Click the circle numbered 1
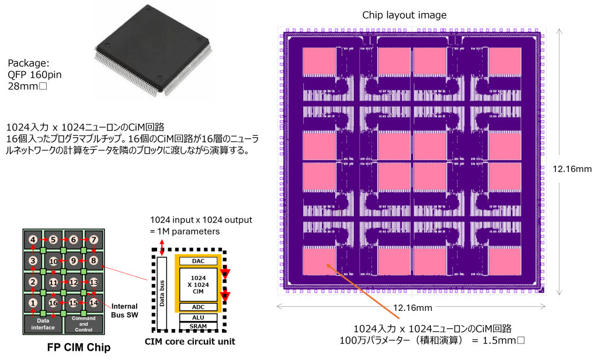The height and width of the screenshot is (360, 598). (33, 303)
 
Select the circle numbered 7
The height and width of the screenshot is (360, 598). (93, 240)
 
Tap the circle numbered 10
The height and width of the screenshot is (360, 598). (53, 261)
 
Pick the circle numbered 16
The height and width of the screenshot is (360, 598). (53, 303)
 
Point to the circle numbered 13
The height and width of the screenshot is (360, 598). (93, 282)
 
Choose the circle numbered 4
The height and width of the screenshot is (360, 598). (33, 240)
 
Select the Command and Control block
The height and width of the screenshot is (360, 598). (84, 323)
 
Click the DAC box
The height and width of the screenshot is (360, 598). (198, 261)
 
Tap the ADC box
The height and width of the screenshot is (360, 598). (198, 307)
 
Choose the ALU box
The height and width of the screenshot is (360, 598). (198, 317)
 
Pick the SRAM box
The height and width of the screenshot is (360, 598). (198, 326)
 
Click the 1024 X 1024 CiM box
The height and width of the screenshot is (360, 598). (198, 284)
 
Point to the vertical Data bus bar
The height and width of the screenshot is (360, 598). (162, 292)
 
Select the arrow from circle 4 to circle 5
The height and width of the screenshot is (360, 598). (43, 240)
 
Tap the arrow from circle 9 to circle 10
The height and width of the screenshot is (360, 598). (63, 261)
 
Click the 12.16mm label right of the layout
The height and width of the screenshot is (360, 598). (572, 169)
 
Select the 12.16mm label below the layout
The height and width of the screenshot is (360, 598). (412, 307)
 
